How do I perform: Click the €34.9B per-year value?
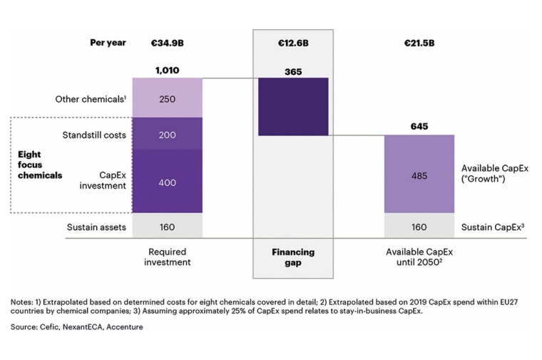pyautogui.click(x=167, y=43)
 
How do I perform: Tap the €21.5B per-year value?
pyautogui.click(x=419, y=43)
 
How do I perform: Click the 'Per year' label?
pyautogui.click(x=108, y=43)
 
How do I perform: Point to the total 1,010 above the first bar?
pyautogui.click(x=167, y=71)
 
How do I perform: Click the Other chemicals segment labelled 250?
pyautogui.click(x=167, y=99)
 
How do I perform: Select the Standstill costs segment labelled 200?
pyautogui.click(x=167, y=135)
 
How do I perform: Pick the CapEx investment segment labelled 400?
pyautogui.click(x=167, y=182)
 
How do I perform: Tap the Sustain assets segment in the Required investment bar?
pyautogui.click(x=167, y=227)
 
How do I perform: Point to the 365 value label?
pyautogui.click(x=293, y=71)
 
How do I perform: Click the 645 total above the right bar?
pyautogui.click(x=419, y=126)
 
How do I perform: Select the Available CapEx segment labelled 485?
pyautogui.click(x=419, y=174)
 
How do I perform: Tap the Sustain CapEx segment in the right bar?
pyautogui.click(x=419, y=227)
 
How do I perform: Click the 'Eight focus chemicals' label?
pyautogui.click(x=40, y=164)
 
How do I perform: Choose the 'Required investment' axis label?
pyautogui.click(x=167, y=257)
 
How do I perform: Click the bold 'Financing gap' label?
pyautogui.click(x=293, y=257)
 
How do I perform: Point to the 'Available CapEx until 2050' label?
pyautogui.click(x=420, y=257)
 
